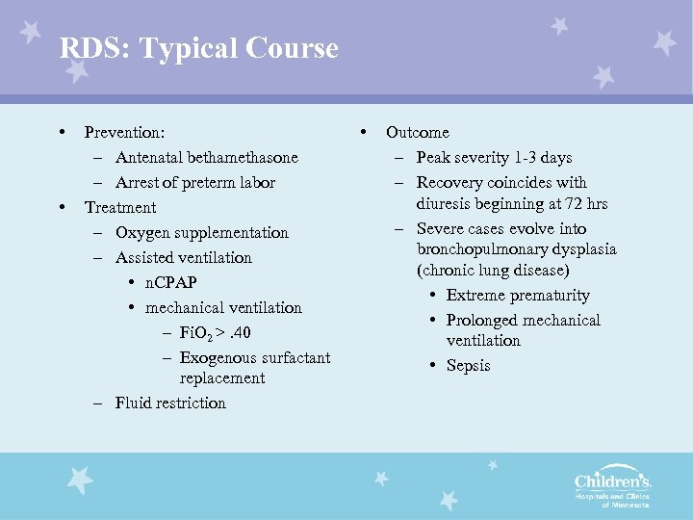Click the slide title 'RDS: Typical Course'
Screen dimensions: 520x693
coord(198,48)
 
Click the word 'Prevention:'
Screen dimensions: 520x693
coord(124,132)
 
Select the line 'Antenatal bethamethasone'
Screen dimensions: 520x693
coord(206,157)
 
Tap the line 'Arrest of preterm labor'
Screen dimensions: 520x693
coord(194,182)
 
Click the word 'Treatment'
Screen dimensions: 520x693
coord(120,207)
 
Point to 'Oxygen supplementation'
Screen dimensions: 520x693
coord(201,232)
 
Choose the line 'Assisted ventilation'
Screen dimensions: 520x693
coord(183,257)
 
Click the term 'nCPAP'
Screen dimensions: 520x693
coord(171,282)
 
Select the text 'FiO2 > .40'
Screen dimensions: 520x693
coord(215,333)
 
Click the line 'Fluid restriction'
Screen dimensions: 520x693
coord(169,403)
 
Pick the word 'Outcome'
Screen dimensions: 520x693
coord(417,132)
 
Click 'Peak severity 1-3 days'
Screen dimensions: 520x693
coord(494,157)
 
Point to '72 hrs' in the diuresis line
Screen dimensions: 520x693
coord(581,203)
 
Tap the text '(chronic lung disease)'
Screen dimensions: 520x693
coord(493,271)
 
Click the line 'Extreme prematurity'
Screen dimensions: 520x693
coord(518,295)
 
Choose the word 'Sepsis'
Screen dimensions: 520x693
coord(468,365)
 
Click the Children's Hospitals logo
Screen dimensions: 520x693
coord(612,486)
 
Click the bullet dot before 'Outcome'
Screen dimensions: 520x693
coord(363,131)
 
